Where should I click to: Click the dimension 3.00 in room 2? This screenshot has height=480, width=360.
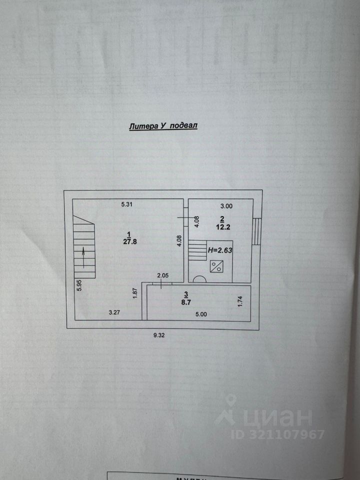(x=227, y=205)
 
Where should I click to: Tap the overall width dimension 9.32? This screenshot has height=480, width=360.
(x=159, y=335)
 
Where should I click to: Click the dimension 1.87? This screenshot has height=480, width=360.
(x=135, y=294)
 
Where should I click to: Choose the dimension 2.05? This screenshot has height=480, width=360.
(x=163, y=275)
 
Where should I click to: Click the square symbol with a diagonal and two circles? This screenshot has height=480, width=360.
(x=217, y=266)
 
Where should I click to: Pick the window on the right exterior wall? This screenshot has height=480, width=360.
(x=256, y=231)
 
